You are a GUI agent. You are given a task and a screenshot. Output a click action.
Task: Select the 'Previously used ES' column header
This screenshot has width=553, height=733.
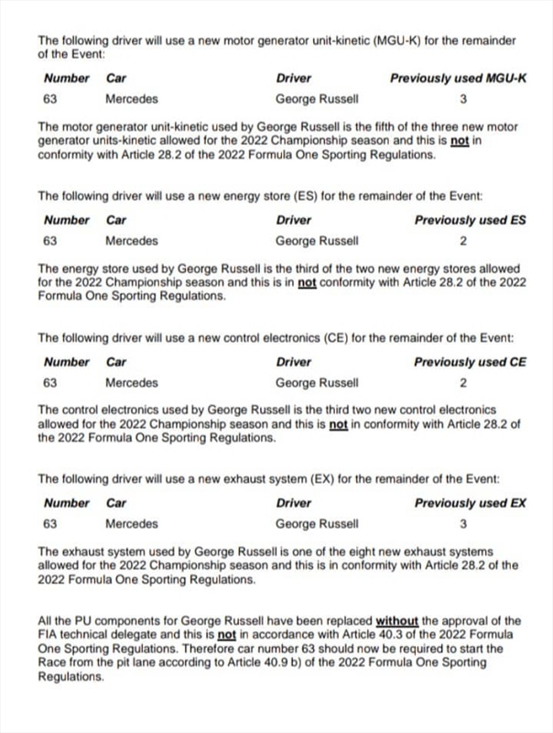pos(470,220)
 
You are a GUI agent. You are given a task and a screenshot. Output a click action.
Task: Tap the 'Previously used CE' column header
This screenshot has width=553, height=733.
pos(470,362)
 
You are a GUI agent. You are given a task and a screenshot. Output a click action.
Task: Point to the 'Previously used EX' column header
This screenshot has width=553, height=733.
pos(470,503)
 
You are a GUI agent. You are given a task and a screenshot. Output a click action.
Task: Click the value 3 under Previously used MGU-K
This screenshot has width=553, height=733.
pos(463,99)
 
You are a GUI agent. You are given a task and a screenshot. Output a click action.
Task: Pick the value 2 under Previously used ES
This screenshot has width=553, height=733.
pos(463,241)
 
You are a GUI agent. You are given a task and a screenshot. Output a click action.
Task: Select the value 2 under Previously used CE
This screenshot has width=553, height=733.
pos(463,383)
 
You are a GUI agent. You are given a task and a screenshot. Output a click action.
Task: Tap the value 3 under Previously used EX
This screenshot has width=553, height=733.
pos(463,524)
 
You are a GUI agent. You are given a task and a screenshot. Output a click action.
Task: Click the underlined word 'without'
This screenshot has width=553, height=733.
pos(396,621)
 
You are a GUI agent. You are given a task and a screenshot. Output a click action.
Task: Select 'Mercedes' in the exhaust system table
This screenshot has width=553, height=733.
pos(131,524)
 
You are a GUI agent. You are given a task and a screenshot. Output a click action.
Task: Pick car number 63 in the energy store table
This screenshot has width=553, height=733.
pos(50,241)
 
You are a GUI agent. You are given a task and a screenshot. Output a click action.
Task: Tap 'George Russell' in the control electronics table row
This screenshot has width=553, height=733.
pos(317,383)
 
